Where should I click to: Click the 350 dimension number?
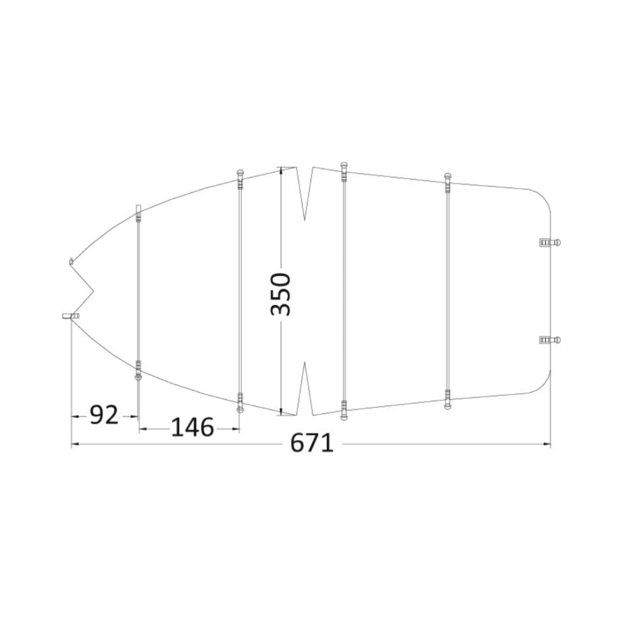click(x=281, y=294)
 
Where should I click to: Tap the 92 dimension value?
click(x=104, y=415)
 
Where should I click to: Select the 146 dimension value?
click(x=192, y=427)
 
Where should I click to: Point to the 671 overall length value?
click(x=312, y=443)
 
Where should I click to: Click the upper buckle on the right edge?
click(x=550, y=242)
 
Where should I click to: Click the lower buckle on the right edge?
click(x=550, y=340)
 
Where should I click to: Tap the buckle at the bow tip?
click(x=71, y=316)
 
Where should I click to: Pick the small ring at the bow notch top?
click(x=71, y=261)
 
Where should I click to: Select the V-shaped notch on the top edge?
click(x=305, y=193)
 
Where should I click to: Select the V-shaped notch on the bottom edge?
click(x=305, y=389)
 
